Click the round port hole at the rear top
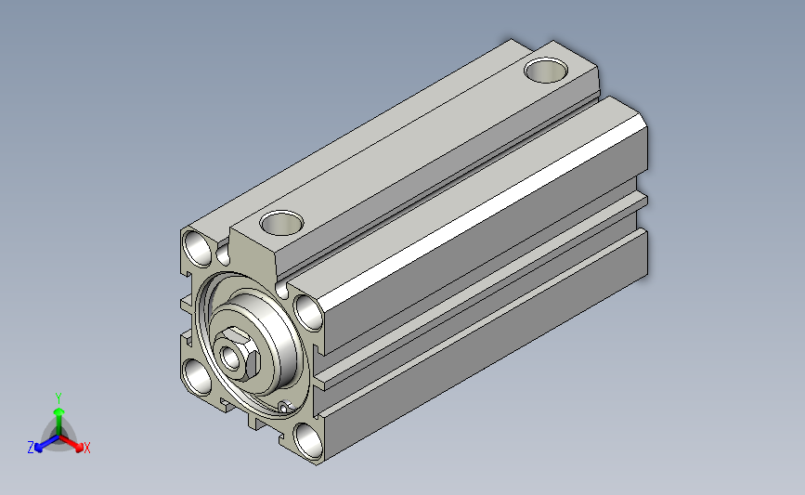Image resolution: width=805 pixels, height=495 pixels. (546, 70)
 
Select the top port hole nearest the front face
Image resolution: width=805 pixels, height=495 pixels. (281, 222)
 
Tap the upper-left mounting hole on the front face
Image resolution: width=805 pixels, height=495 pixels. (198, 249)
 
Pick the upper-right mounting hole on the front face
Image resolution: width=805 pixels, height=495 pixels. (308, 313)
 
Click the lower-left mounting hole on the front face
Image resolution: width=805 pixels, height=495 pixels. (198, 377)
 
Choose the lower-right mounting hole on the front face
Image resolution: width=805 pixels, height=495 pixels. (308, 441)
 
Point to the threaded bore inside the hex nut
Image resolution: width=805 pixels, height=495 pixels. (229, 358)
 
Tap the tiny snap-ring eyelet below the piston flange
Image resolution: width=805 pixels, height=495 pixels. (284, 407)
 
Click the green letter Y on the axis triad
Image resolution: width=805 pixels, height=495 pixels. (58, 398)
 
